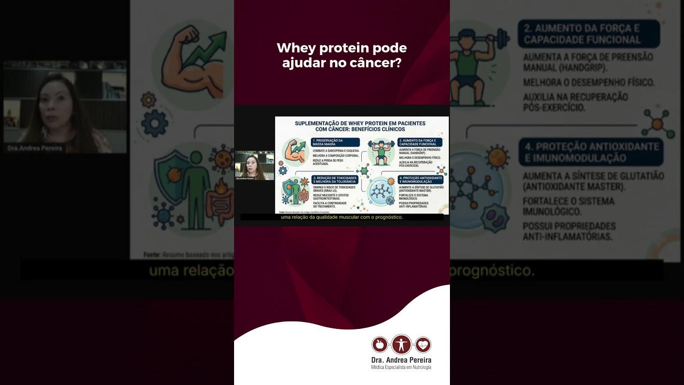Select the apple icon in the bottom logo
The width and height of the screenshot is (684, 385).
(x=379, y=345)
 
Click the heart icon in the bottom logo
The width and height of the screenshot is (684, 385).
(x=423, y=345)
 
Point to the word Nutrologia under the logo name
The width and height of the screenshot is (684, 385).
(x=420, y=367)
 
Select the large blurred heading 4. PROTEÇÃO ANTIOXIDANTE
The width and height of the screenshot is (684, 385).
(x=590, y=152)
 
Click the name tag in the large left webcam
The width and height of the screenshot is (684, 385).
(x=35, y=148)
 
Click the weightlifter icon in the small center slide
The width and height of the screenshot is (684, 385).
(x=381, y=152)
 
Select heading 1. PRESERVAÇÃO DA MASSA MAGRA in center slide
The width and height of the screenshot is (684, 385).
(x=335, y=142)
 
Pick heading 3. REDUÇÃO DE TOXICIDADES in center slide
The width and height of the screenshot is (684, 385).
(x=335, y=180)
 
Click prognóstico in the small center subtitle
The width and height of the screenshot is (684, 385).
(x=388, y=217)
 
